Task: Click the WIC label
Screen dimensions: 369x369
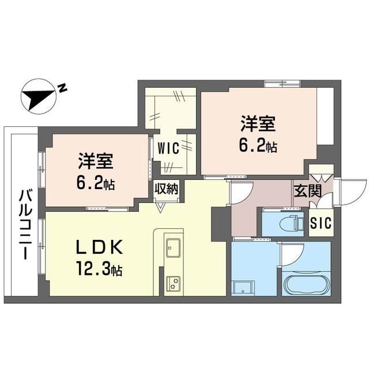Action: point(168,149)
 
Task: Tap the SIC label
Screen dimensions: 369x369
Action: point(321,223)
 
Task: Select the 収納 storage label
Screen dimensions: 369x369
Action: point(167,189)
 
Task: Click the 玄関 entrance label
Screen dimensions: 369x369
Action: point(307,191)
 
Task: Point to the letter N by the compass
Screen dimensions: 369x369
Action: point(62,88)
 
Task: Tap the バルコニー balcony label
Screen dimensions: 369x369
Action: point(25,224)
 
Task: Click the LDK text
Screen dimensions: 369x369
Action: point(99,247)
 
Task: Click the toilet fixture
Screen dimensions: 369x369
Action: point(290,224)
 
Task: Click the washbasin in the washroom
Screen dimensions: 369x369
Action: point(243,287)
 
